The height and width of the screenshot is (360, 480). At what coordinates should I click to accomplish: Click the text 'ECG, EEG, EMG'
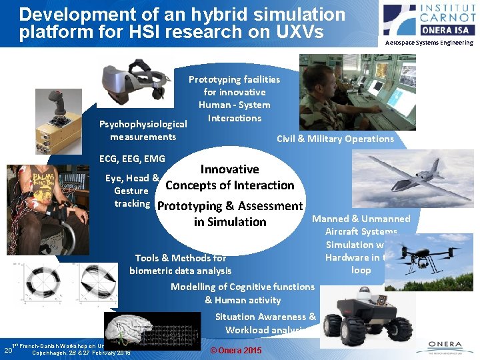pos(132,159)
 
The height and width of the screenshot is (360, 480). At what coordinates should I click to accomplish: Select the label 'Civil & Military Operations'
pos(335,139)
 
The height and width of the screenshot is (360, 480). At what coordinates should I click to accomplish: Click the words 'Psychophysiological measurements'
pos(143,131)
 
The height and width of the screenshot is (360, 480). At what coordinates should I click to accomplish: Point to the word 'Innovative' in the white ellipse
pos(229,169)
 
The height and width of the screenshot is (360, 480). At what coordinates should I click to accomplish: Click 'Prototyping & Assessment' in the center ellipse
pos(229,206)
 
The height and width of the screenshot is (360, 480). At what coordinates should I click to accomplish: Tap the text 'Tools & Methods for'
pos(181,257)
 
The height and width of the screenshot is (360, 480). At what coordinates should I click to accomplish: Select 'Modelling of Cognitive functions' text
pos(243,287)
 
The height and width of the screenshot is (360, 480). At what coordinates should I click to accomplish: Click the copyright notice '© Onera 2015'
pos(236,351)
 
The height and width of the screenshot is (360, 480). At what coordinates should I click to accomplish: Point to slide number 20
pos(8,350)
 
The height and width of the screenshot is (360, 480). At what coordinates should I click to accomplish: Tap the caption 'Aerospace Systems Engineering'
pos(429,43)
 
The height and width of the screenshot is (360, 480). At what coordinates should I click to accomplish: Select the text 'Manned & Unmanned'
pos(361,219)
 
